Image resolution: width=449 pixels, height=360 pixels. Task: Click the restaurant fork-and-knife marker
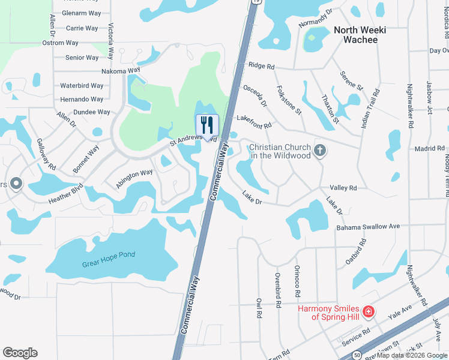[x=207, y=125]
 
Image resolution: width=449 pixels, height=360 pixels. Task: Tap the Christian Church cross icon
[x=320, y=149]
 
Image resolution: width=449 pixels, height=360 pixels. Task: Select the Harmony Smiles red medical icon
[x=368, y=312]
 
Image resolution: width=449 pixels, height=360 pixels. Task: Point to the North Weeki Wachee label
[x=360, y=35]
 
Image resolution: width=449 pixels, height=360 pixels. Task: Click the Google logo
[x=20, y=353]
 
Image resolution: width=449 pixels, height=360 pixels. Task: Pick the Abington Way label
[x=134, y=179]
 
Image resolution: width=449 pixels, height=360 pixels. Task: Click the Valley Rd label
[x=344, y=188]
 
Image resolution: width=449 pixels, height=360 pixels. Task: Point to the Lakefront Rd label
[x=255, y=122]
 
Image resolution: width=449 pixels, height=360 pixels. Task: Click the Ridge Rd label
[x=261, y=65]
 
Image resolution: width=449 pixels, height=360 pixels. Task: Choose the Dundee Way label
[x=85, y=112]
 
